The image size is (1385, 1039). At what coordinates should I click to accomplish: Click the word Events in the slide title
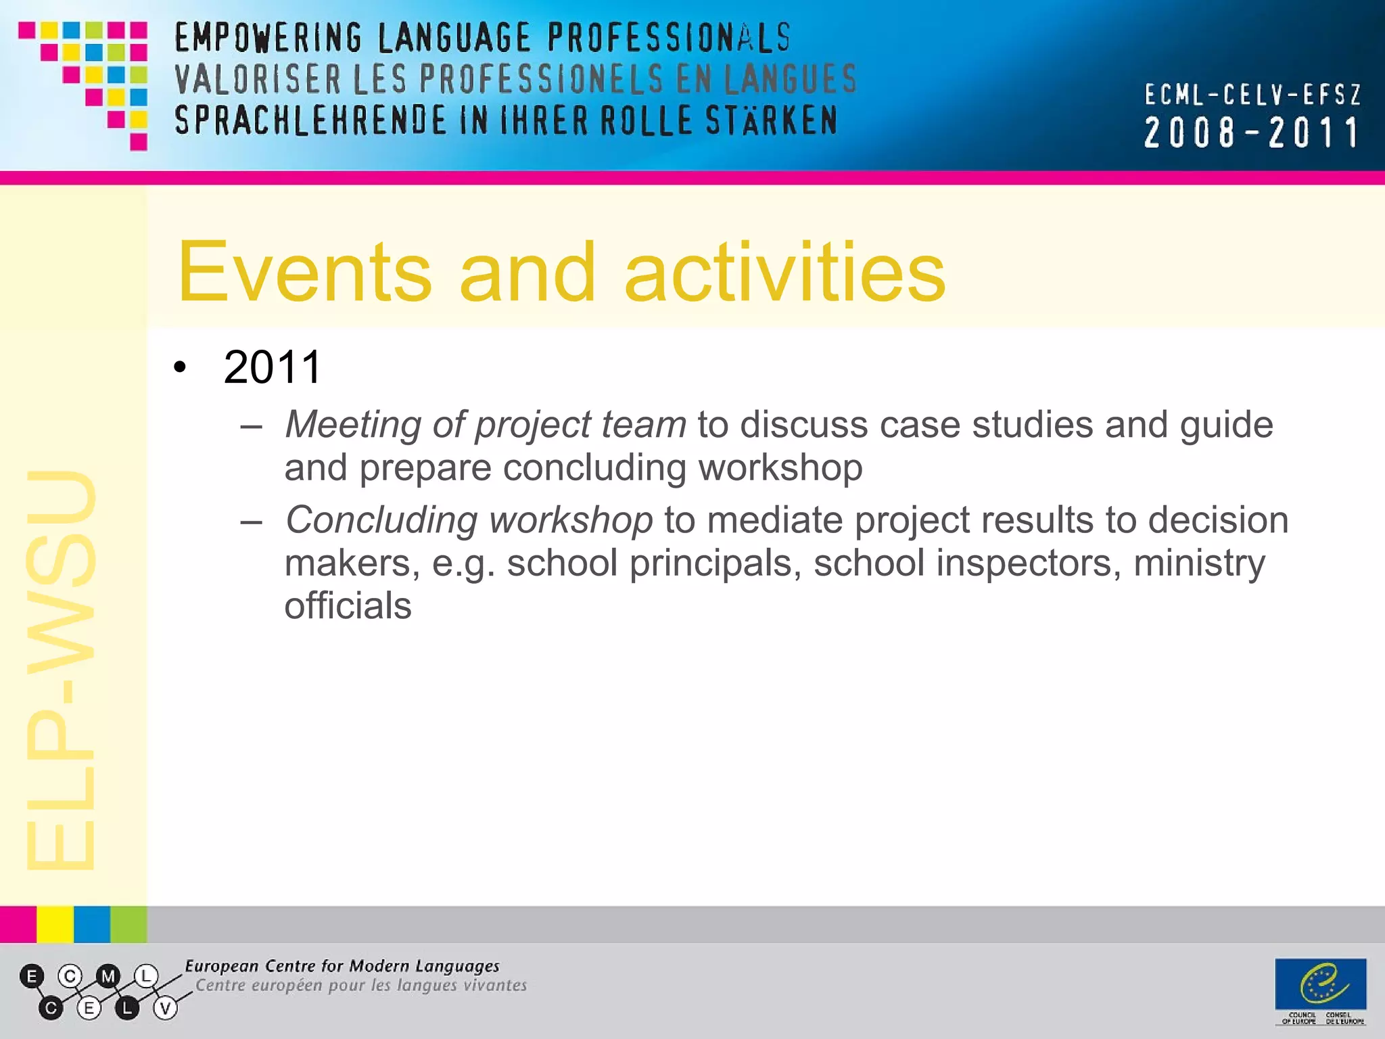[x=304, y=273]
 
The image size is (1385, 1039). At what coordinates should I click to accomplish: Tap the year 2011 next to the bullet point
[x=272, y=367]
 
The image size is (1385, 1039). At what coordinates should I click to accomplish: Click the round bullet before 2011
[x=179, y=368]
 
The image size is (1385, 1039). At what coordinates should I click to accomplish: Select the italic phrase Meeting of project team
[x=485, y=425]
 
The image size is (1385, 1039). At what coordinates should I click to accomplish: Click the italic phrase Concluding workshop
[x=469, y=520]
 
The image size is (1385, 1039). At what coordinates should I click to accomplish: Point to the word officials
[x=348, y=605]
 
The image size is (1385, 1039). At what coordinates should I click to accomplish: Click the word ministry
[x=1199, y=563]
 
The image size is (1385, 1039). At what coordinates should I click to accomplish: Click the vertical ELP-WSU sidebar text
[x=61, y=670]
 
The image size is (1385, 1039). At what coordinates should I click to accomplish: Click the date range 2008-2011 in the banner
[x=1251, y=133]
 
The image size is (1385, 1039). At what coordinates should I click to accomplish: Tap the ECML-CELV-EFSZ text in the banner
[x=1252, y=95]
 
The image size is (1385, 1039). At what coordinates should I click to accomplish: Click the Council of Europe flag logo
[x=1320, y=984]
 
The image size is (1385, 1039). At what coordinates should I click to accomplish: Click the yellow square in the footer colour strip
[x=55, y=925]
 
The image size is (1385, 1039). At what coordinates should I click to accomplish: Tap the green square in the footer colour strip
[x=128, y=925]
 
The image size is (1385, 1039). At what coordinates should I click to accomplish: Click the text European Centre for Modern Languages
[x=342, y=966]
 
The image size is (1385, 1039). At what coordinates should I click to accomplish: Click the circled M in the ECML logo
[x=108, y=976]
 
